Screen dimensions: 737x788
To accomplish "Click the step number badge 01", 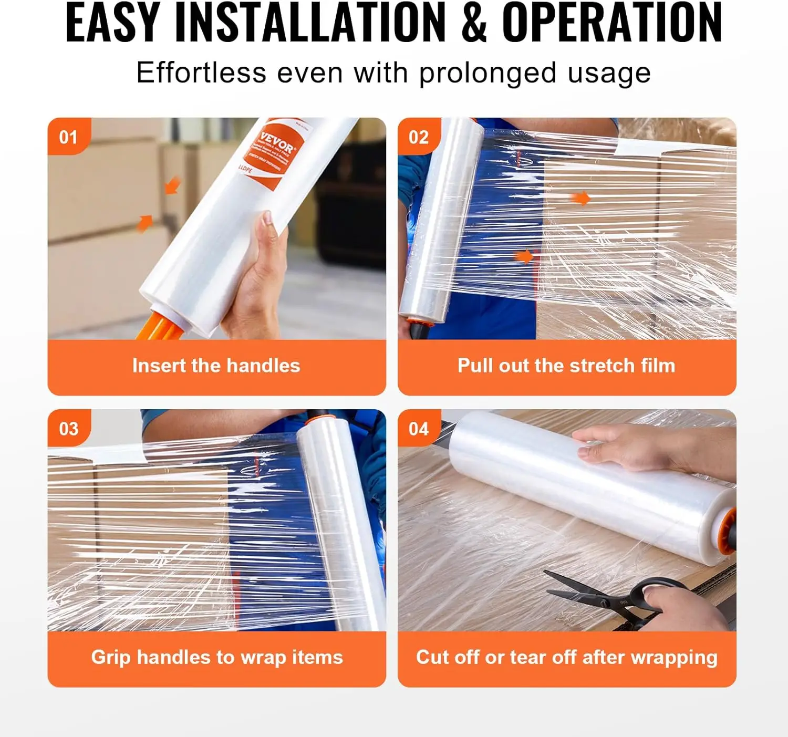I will pos(68,137).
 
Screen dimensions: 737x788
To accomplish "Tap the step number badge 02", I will pos(419,137).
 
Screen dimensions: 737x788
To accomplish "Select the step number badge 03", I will pos(68,429).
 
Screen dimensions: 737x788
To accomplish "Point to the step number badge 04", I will pos(419,429).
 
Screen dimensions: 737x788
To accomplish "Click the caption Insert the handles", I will pos(216,366).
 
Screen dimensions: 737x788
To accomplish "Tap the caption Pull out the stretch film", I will pos(566,366).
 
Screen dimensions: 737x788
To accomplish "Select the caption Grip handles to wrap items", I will pos(216,657).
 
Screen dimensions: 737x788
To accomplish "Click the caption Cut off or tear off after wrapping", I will pos(566,657).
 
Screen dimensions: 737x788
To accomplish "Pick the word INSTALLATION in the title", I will pos(310,24).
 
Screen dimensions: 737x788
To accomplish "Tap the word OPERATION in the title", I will pos(612,24).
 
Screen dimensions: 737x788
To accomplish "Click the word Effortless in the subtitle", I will pos(201,72).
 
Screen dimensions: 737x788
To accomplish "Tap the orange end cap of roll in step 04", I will pos(728,531).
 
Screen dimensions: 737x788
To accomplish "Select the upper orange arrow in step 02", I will pos(580,198).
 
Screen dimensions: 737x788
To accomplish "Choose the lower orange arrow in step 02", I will pos(523,256).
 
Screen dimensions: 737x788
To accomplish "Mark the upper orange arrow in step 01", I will pos(172,185).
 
